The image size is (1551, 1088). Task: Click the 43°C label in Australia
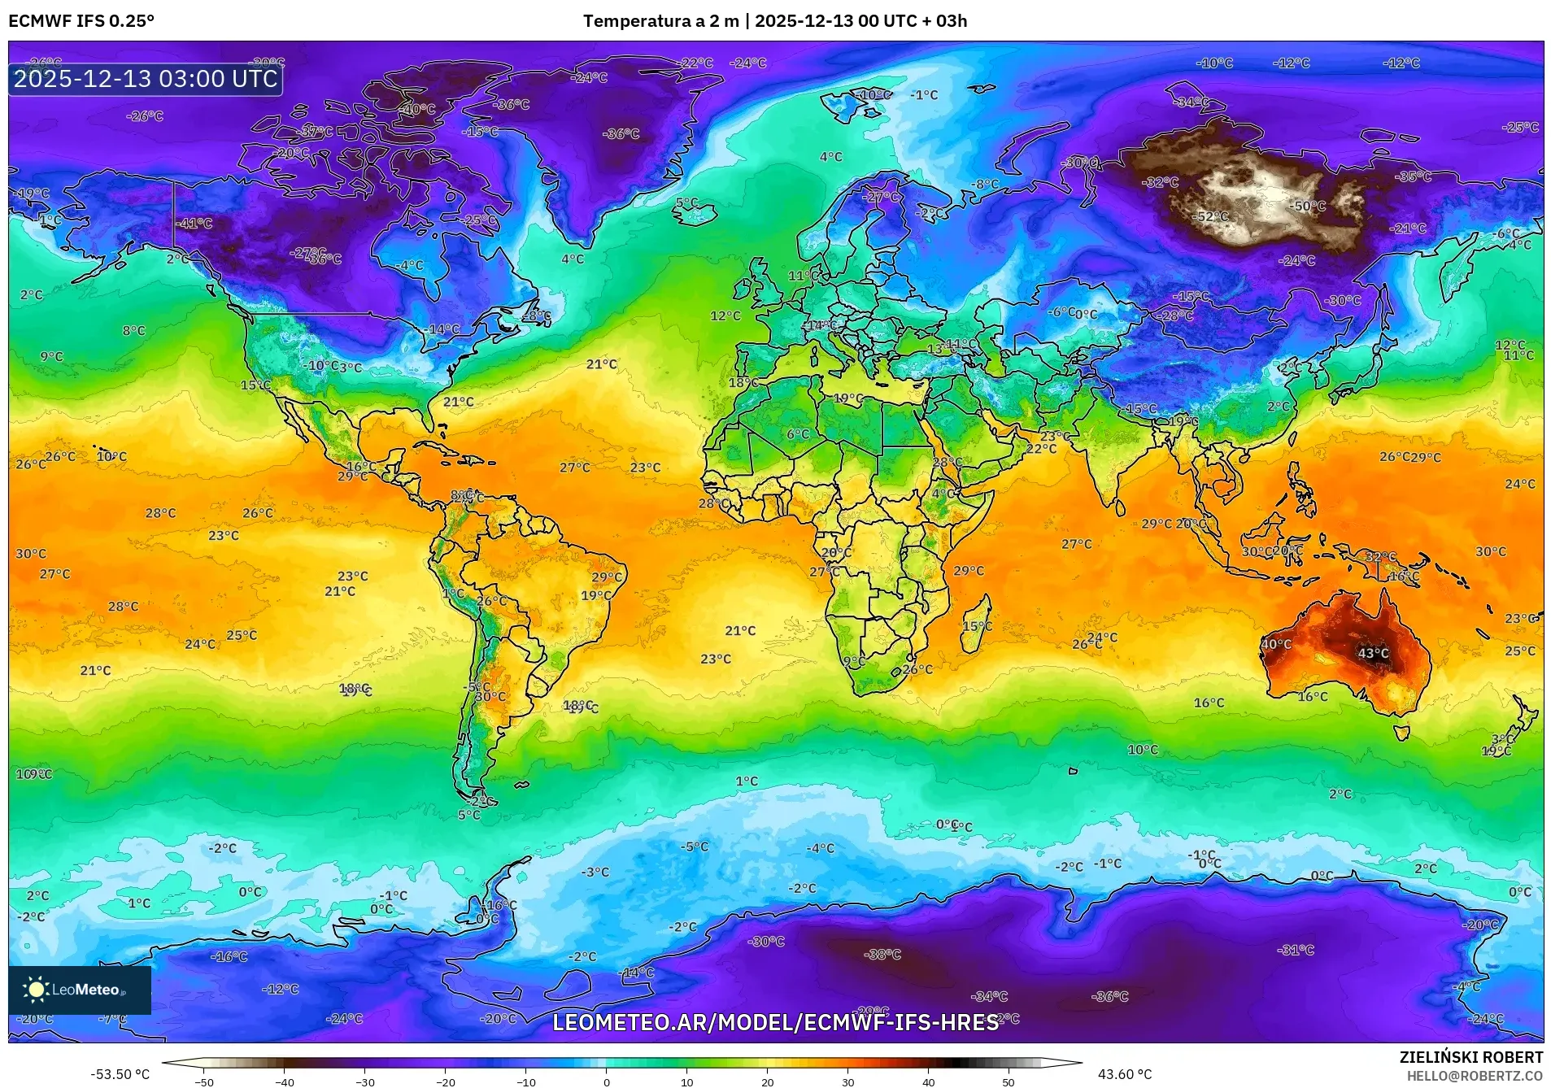pyautogui.click(x=1373, y=653)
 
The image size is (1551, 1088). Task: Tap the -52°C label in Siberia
pyautogui.click(x=1211, y=217)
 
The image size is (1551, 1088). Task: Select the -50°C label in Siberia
pyautogui.click(x=1307, y=206)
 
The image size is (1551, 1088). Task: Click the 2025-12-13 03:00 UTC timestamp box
pyautogui.click(x=146, y=79)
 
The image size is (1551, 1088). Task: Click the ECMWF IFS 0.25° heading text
pyautogui.click(x=81, y=21)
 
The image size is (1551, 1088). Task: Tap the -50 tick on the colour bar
pyautogui.click(x=204, y=1081)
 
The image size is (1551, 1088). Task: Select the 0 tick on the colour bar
pyautogui.click(x=606, y=1081)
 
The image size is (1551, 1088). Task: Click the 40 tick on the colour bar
pyautogui.click(x=928, y=1081)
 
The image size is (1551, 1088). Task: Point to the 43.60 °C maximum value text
pyautogui.click(x=1125, y=1074)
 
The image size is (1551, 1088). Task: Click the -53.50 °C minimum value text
pyautogui.click(x=120, y=1074)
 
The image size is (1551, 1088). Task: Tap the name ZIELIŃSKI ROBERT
pyautogui.click(x=1470, y=1057)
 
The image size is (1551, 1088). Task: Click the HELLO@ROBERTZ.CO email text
pyautogui.click(x=1475, y=1076)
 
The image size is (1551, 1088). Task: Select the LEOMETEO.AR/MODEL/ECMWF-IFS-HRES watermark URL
pyautogui.click(x=775, y=1022)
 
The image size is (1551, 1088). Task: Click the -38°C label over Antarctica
pyautogui.click(x=882, y=954)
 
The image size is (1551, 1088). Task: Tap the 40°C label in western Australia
pyautogui.click(x=1276, y=644)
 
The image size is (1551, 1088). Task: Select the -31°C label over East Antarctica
pyautogui.click(x=1296, y=950)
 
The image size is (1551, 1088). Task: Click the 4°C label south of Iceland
pyautogui.click(x=830, y=157)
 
